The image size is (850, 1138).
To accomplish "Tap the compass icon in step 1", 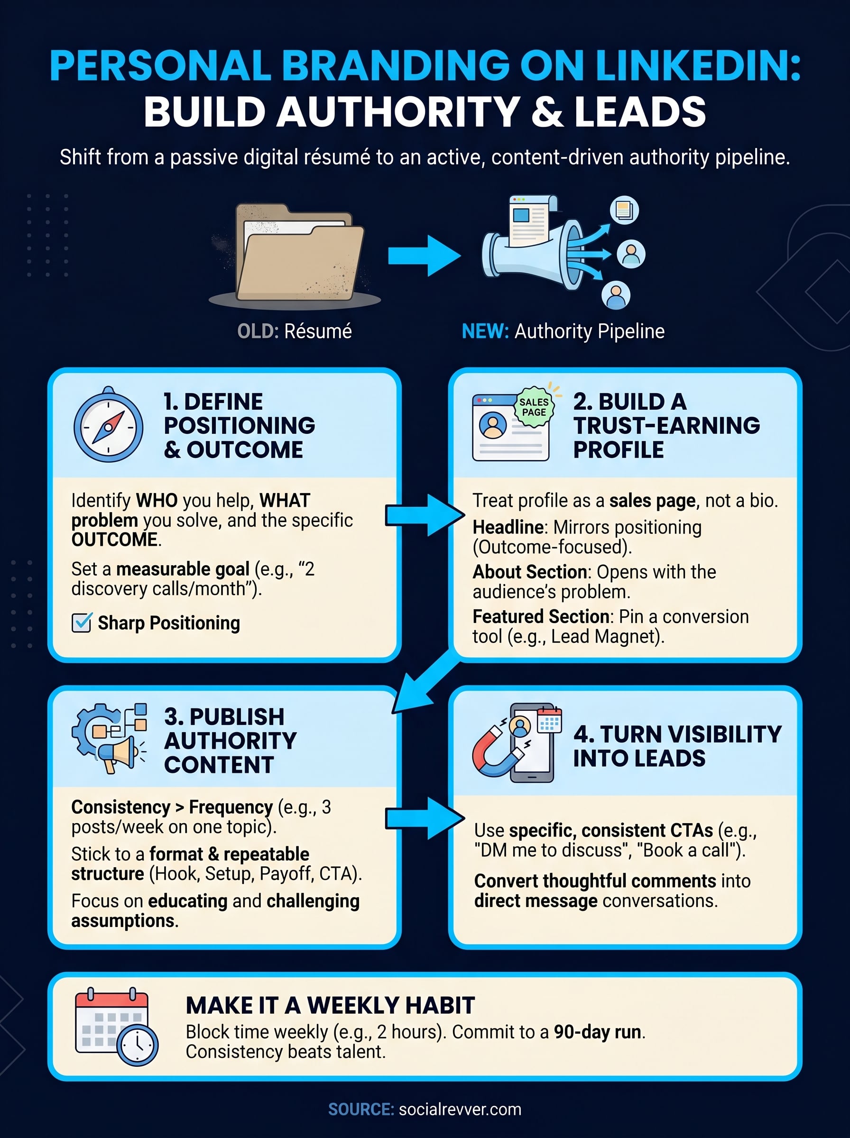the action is [109, 425].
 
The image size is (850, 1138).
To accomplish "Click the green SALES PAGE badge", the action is [534, 407].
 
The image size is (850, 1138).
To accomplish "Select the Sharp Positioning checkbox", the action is [82, 622].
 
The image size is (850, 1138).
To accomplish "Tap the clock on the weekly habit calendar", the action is [138, 1045].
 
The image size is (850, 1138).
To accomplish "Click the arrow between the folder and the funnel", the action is [424, 256].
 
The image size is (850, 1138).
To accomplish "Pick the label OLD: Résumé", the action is [294, 331].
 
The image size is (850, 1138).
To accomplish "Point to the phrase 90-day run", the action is [597, 1032].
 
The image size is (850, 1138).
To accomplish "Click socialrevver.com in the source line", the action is [460, 1109].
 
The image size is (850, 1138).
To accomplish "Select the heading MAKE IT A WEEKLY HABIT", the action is [330, 1005].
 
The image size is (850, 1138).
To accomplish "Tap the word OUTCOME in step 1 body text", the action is [114, 540].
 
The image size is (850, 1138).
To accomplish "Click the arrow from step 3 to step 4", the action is [425, 818].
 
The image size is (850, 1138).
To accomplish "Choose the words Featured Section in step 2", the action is [541, 616].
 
